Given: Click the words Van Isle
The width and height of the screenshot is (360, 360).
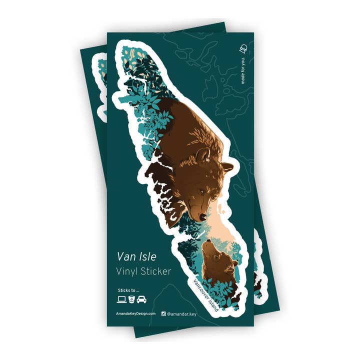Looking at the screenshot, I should (136, 256).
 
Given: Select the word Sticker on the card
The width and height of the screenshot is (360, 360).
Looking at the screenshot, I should (155, 271).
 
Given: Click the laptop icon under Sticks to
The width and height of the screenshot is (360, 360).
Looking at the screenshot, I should (121, 299).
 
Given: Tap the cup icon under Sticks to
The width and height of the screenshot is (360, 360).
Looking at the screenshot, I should (131, 299).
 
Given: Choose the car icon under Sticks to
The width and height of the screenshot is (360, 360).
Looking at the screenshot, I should (141, 299).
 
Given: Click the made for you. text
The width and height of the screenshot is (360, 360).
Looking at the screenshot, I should (243, 71).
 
